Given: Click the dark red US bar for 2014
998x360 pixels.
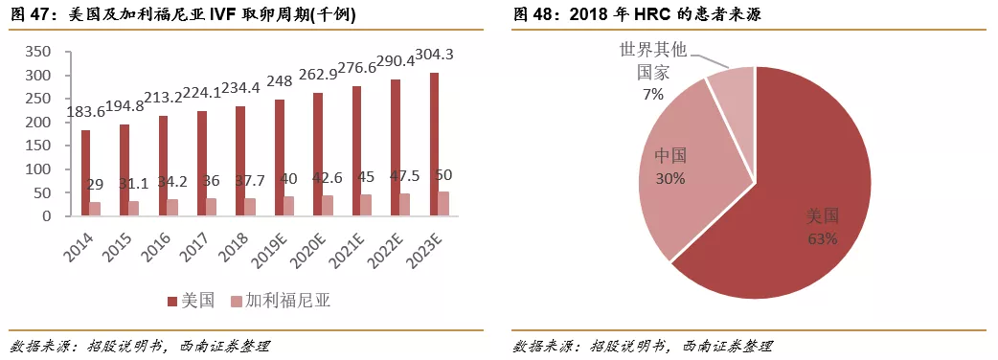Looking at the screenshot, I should (x=85, y=173).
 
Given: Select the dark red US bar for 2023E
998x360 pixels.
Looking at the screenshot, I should (x=434, y=145).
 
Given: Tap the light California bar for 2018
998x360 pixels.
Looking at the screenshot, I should (x=249, y=207).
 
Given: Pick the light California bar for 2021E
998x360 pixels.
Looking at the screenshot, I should (x=366, y=205).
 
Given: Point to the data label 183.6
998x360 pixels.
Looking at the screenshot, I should (x=86, y=113).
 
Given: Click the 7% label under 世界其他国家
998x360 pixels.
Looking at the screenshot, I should (x=653, y=94).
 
